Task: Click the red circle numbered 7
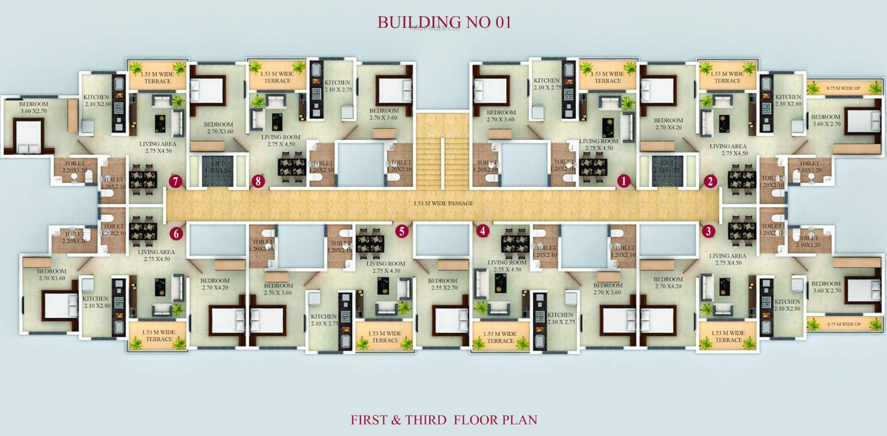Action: [175, 181]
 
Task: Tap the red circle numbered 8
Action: [258, 181]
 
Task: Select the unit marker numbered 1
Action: [623, 181]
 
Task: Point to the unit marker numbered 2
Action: [711, 181]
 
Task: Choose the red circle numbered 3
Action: [709, 231]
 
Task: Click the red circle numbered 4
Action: [482, 231]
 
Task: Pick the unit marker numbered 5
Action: [401, 231]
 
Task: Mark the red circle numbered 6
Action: [176, 233]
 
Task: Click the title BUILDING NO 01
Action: [444, 22]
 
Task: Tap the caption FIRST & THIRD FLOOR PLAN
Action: [443, 419]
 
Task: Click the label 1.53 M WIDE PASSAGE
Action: [443, 203]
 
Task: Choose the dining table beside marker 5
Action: [370, 242]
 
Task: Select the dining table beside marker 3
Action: [741, 230]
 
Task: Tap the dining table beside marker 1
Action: [593, 167]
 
